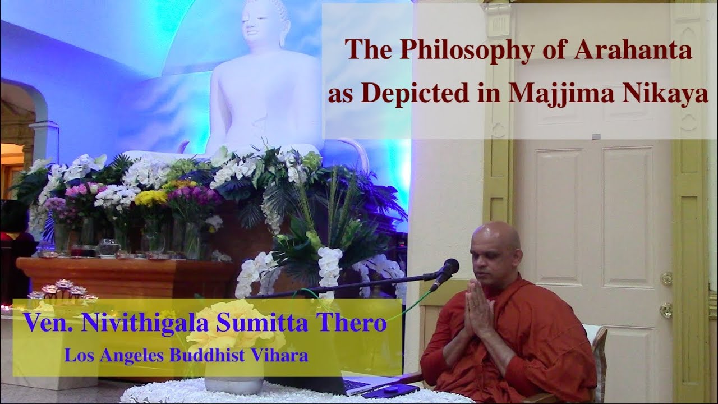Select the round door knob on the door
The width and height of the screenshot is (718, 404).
click(x=666, y=310)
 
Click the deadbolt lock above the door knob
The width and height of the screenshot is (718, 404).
click(x=666, y=278)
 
